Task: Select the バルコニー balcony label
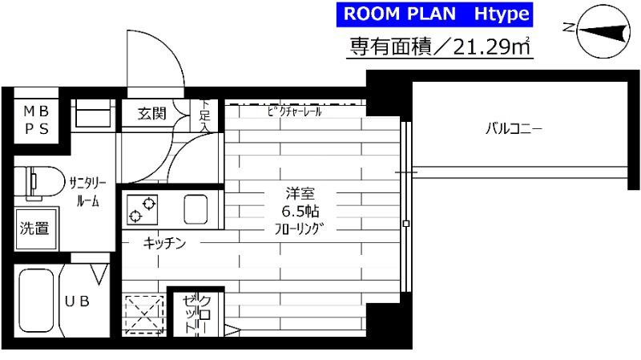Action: click(x=514, y=127)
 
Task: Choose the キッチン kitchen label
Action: click(x=165, y=243)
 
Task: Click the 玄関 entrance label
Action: click(x=151, y=114)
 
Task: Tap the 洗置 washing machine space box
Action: click(x=34, y=229)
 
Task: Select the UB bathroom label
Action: click(x=77, y=301)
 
